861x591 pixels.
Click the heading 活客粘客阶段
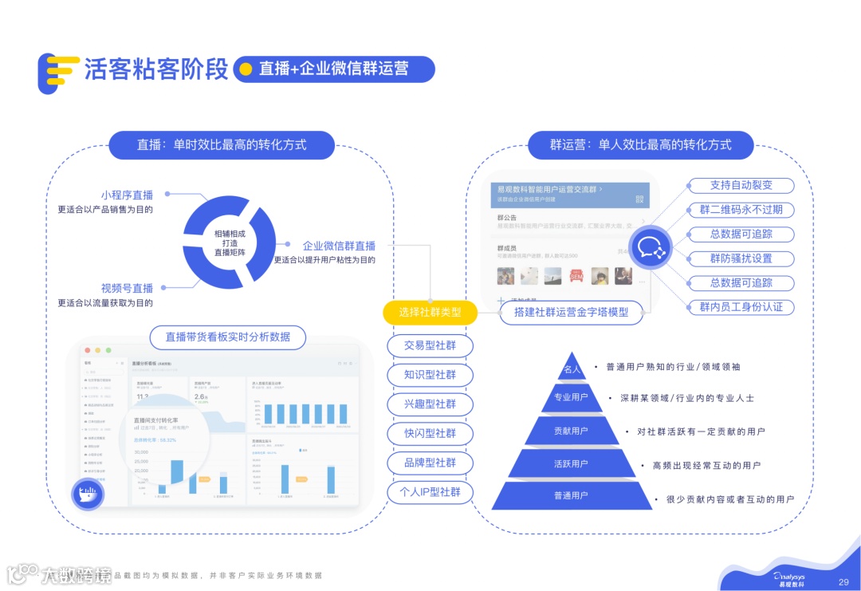coord(156,69)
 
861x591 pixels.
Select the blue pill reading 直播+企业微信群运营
coord(334,69)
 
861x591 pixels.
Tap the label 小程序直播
coord(127,195)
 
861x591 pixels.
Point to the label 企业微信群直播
coord(339,246)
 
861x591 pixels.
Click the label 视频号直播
coord(127,288)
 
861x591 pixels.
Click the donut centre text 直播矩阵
coord(230,252)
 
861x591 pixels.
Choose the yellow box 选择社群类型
coord(430,313)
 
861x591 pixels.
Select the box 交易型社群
coord(430,346)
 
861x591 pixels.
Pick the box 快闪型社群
coord(430,433)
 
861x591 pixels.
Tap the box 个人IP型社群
coord(430,491)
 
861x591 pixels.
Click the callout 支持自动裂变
coord(741,185)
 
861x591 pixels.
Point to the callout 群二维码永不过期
coord(741,210)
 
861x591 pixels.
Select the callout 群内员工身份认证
coord(741,307)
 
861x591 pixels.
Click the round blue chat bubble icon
coord(652,245)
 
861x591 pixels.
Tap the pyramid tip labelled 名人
coord(572,369)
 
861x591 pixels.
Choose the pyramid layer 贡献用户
coord(571,431)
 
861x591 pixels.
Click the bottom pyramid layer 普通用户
coord(571,495)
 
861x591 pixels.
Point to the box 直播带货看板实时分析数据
coord(228,337)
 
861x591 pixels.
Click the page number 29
coord(843,582)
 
